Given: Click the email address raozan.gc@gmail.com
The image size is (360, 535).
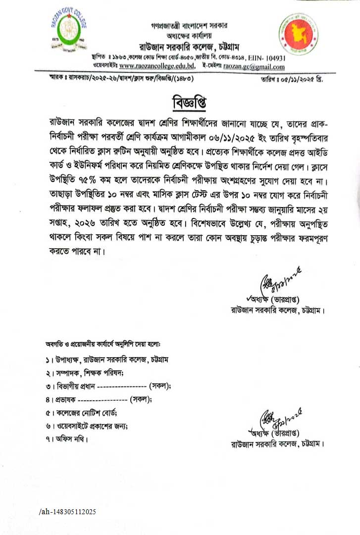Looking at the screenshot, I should click(x=254, y=66).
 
